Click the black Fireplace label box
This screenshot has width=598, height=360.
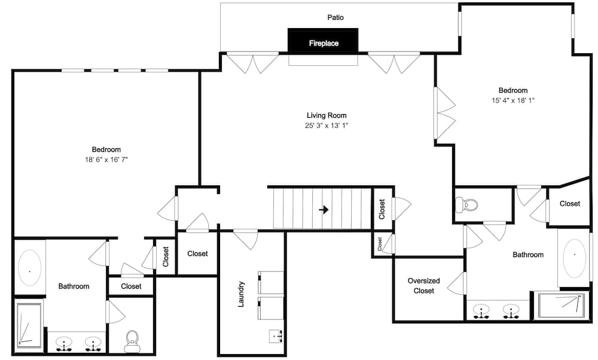click(323, 41)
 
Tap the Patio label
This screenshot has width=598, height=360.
click(335, 18)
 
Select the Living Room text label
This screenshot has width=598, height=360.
click(327, 115)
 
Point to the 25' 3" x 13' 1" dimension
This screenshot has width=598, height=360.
click(327, 126)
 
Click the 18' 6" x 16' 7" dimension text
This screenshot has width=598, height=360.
click(106, 160)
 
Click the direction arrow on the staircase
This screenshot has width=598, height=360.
click(324, 209)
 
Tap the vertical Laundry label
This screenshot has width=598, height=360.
click(242, 294)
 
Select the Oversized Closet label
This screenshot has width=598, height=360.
click(424, 286)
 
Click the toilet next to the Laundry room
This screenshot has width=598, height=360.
click(132, 341)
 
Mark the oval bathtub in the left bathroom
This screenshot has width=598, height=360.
click(29, 270)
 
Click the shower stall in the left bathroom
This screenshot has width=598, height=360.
click(29, 325)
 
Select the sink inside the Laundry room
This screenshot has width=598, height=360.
click(276, 337)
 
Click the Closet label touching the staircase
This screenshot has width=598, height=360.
click(382, 209)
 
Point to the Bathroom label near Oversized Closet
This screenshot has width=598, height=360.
click(528, 255)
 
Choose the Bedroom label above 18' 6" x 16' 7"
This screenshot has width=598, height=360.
click(106, 150)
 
